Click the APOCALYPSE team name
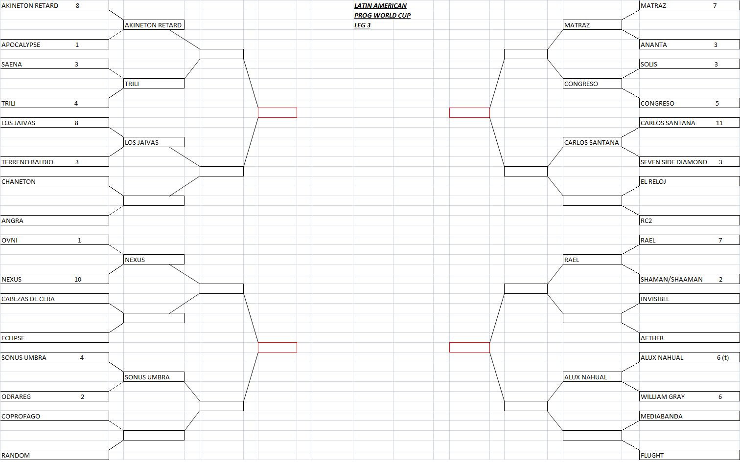(21, 44)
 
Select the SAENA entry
(12, 65)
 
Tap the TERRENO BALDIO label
(27, 162)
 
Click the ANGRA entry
(12, 221)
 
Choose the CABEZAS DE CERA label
(28, 299)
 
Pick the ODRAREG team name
(16, 396)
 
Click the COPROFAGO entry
(21, 416)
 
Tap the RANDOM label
(16, 456)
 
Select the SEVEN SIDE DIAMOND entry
(673, 162)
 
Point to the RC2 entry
(646, 221)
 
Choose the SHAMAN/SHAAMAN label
(671, 280)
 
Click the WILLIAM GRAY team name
(663, 396)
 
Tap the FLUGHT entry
(652, 456)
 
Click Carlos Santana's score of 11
(719, 123)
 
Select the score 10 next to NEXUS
(78, 280)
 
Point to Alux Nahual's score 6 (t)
(723, 358)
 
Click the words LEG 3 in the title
(362, 25)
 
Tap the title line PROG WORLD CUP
(383, 16)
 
